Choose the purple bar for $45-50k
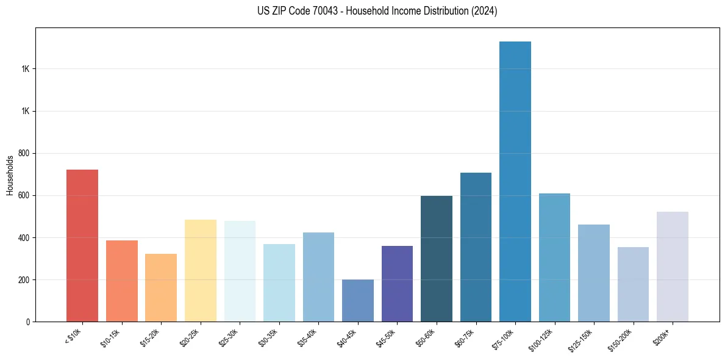tap(397, 284)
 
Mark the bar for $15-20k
tap(161, 287)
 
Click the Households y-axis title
tap(10, 175)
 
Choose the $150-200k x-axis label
tap(621, 340)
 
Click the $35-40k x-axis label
tap(308, 337)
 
